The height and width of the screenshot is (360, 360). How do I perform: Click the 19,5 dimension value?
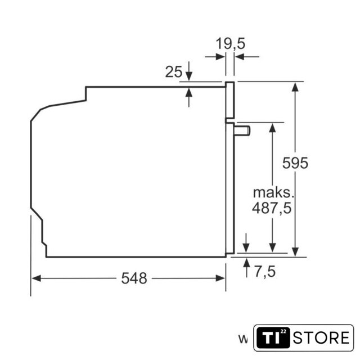(x=230, y=44)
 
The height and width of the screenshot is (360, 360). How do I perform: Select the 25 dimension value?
(x=174, y=71)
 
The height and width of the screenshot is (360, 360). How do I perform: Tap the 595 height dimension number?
(x=295, y=163)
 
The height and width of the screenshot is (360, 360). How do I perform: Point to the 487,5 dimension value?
(x=272, y=208)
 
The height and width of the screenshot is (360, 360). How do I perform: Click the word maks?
(x=273, y=192)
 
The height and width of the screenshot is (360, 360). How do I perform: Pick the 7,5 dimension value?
(x=265, y=271)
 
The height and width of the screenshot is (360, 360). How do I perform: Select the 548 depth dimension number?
(x=134, y=278)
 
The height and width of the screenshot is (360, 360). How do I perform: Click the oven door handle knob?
(x=242, y=131)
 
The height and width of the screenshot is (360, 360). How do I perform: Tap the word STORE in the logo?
(x=321, y=337)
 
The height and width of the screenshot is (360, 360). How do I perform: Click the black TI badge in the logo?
(x=273, y=337)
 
